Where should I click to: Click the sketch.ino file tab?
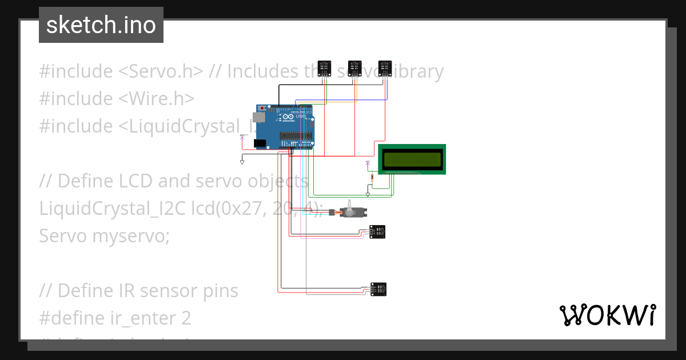(101, 25)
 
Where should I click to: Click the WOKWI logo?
(607, 315)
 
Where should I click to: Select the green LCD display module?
(412, 159)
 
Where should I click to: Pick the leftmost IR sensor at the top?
(325, 68)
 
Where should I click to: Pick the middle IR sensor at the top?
(355, 68)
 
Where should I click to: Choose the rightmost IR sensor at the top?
(385, 68)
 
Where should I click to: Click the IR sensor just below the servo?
(378, 231)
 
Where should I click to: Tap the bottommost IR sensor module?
(378, 289)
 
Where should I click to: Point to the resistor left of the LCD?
(373, 178)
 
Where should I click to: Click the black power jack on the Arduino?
(260, 143)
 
